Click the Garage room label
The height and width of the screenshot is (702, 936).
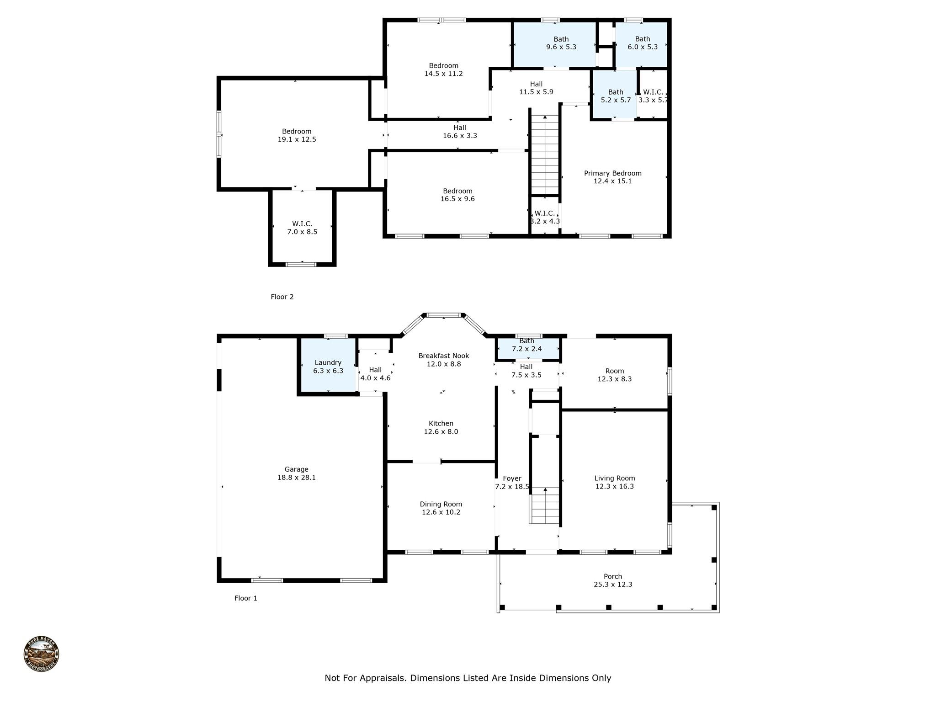(x=296, y=469)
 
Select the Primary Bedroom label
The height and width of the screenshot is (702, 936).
(x=612, y=173)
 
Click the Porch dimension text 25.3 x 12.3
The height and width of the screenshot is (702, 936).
(x=613, y=584)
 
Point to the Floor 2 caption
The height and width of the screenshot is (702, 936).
(x=282, y=297)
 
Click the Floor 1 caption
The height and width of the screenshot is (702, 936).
(x=246, y=598)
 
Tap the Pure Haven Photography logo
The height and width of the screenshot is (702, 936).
(x=42, y=654)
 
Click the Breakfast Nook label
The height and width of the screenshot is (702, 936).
(x=444, y=356)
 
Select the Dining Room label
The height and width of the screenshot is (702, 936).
(x=441, y=504)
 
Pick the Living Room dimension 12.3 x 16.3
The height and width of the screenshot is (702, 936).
(x=614, y=486)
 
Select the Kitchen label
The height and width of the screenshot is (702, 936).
(x=441, y=424)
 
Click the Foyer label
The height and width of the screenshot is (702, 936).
(x=512, y=479)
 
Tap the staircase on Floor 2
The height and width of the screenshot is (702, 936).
(x=545, y=155)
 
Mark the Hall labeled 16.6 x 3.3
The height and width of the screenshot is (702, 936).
(x=460, y=132)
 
